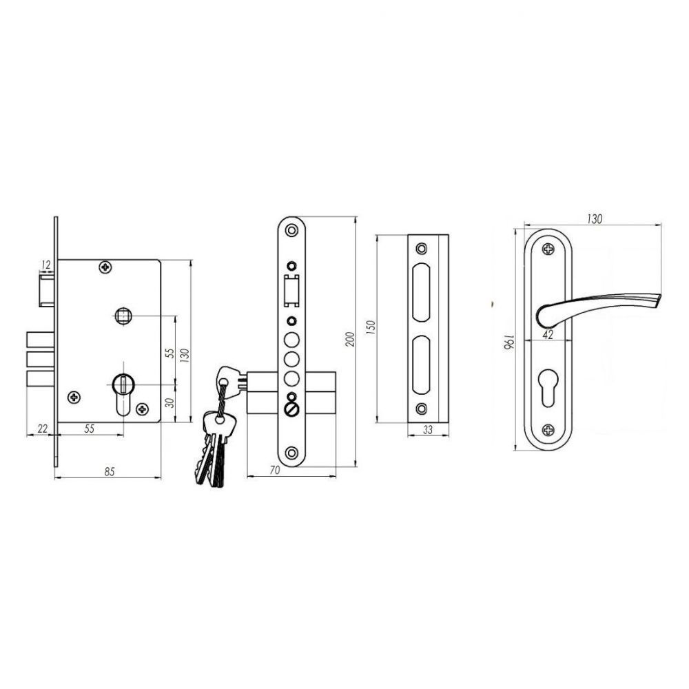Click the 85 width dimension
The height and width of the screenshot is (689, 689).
tap(109, 471)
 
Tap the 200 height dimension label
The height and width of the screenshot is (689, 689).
tap(350, 339)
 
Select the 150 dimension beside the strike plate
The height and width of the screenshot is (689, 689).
tap(371, 328)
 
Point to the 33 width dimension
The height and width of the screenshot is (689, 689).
tap(428, 430)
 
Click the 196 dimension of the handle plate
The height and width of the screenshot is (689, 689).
tap(508, 342)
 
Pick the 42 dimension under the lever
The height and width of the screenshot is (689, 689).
tap(548, 334)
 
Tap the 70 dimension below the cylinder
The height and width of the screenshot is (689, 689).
tap(275, 470)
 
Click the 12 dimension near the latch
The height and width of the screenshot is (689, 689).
tap(45, 265)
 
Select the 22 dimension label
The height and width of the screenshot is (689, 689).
tap(42, 429)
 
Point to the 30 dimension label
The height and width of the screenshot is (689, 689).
tap(170, 402)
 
